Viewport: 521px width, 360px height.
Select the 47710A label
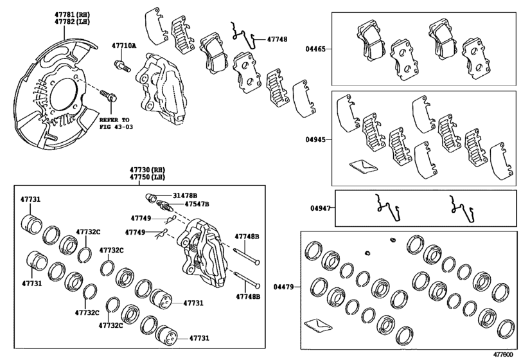pos(123,46)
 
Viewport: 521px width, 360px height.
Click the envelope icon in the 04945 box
pos(360,166)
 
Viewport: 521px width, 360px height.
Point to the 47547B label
pos(197,204)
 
